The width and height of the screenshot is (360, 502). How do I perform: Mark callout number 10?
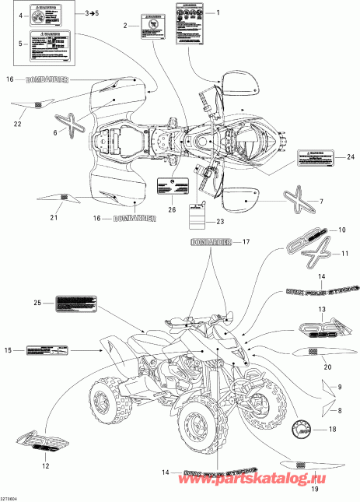(340, 230)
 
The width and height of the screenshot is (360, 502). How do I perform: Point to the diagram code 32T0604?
(13, 496)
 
